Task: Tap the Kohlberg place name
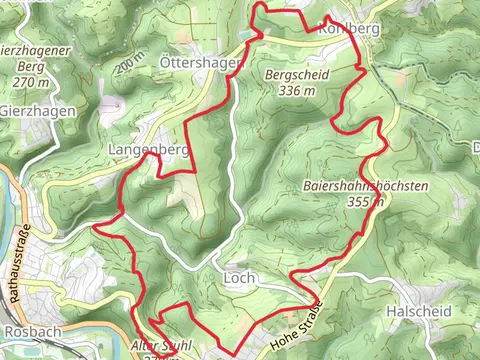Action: (x=349, y=29)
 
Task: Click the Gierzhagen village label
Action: (x=38, y=111)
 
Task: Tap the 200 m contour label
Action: (x=129, y=66)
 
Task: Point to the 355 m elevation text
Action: (x=364, y=202)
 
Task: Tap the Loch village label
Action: (x=240, y=277)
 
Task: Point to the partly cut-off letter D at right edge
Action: (x=475, y=148)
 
